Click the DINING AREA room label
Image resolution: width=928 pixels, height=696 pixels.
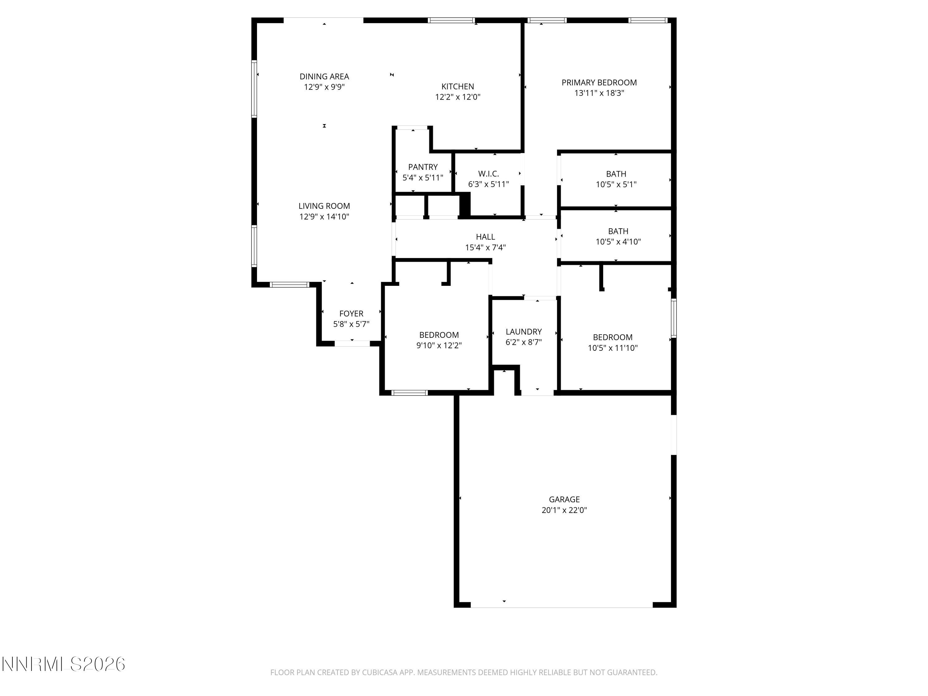(324, 76)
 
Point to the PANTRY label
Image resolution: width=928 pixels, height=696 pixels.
(423, 167)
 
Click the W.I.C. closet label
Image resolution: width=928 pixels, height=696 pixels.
(488, 174)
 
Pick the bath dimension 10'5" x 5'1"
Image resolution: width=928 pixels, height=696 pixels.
(616, 184)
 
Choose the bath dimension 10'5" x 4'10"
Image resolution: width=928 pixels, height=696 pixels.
(618, 242)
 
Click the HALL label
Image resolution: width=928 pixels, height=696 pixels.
(485, 237)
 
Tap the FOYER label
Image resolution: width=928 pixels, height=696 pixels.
(351, 314)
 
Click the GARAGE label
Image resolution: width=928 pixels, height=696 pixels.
(564, 499)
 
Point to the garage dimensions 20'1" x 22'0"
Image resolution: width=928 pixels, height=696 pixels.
(564, 510)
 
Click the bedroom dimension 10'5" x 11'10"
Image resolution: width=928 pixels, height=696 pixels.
(612, 348)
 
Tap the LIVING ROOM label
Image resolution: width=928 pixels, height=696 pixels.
(324, 206)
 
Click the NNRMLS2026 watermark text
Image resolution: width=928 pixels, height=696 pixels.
(64, 664)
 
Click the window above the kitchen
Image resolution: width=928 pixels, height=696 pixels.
(451, 20)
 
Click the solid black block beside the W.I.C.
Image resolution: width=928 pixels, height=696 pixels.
(464, 205)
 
